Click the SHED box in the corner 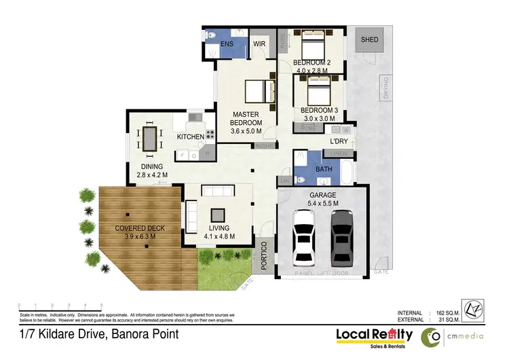(x=370, y=40)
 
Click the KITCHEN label (x=190, y=137)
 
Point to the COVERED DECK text (x=139, y=228)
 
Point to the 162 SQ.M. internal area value (x=445, y=313)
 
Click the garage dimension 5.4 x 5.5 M (x=323, y=203)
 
